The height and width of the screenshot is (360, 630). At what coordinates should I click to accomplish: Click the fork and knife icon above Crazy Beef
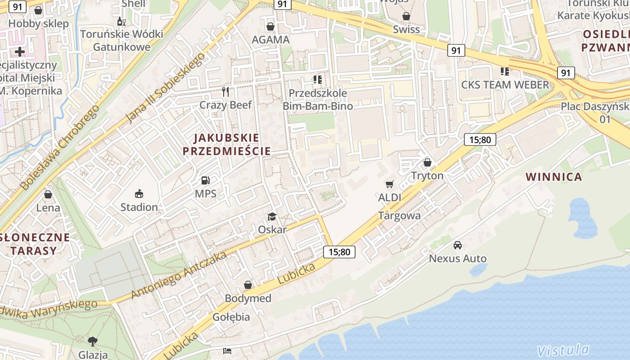coord(226,92)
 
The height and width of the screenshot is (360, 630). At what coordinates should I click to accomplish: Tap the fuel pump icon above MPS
coord(206,181)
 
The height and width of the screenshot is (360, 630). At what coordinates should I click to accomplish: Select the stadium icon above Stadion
coord(139,194)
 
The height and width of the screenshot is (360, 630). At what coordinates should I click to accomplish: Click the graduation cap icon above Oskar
coord(272,216)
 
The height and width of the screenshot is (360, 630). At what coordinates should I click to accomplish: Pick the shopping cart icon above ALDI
coord(390,184)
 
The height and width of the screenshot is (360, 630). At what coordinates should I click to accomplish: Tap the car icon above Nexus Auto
coord(458,245)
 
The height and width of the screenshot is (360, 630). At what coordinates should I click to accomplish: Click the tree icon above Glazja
coord(93,342)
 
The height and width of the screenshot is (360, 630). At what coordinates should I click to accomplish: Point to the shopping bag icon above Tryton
coord(427,162)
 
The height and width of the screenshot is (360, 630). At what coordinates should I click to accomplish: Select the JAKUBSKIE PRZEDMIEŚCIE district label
coord(227,144)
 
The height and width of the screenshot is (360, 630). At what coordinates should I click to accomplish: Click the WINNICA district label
coord(554,177)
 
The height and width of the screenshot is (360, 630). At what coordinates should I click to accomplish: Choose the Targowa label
coord(400,216)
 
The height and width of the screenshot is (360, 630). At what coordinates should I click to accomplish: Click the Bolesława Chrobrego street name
coord(59,148)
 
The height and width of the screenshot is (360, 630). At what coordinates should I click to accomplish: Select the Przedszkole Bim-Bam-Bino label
coord(318,99)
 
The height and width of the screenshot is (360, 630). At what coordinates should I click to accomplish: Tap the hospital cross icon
coord(20,52)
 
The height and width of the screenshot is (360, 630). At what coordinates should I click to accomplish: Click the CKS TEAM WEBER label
coord(505,85)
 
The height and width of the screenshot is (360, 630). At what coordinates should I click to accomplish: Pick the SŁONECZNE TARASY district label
coord(35,244)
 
